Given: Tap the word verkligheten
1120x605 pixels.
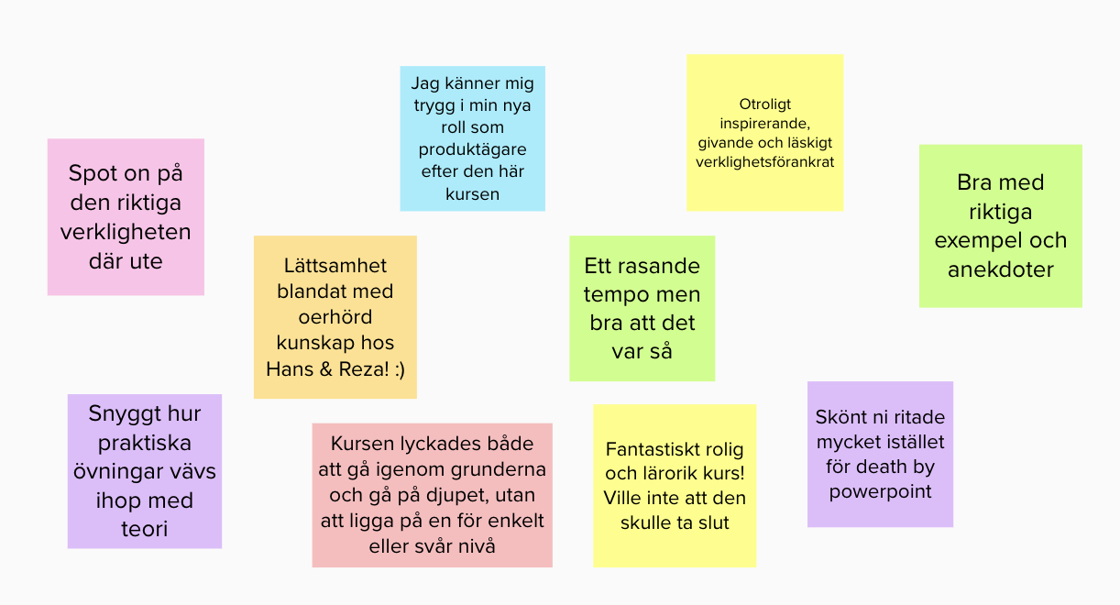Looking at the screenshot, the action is [126, 232].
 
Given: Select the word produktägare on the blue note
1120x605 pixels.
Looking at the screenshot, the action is [473, 150].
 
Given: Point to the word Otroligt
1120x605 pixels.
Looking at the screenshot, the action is [764, 105].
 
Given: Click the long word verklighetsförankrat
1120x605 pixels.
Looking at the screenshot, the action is [764, 162].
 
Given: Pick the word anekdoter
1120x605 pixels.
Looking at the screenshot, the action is [1001, 269].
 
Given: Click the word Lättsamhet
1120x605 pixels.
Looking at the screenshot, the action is [335, 266].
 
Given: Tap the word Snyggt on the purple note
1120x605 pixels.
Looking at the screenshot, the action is [120, 413].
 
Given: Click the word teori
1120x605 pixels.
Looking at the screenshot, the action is [144, 530].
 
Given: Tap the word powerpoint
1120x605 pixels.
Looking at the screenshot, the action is [880, 491].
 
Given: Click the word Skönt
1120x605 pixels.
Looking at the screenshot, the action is [840, 417].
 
